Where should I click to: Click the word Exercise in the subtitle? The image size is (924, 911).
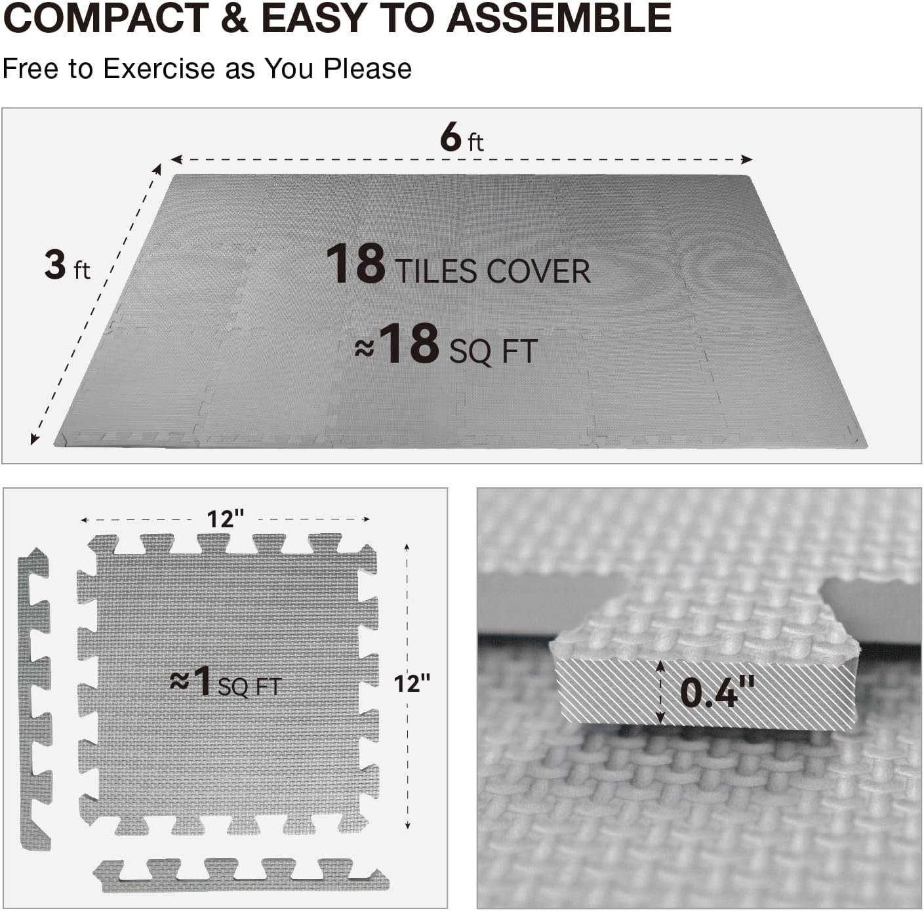[159, 68]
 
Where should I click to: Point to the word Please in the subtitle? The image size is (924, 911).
[367, 68]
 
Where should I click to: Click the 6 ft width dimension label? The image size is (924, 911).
[462, 138]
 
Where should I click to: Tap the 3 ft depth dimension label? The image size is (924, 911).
[67, 265]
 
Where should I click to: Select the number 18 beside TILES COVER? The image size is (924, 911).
[355, 264]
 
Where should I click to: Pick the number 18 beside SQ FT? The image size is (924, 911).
[411, 344]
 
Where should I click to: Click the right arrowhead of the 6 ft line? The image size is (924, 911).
[746, 159]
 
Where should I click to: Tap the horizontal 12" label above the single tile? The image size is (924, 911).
[225, 519]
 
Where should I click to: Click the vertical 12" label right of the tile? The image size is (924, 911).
[411, 683]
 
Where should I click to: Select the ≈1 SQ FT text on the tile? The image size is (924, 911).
[226, 683]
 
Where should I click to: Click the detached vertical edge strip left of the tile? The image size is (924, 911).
[34, 699]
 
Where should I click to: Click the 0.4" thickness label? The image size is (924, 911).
[717, 692]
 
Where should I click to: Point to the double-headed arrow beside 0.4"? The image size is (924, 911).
[661, 692]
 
